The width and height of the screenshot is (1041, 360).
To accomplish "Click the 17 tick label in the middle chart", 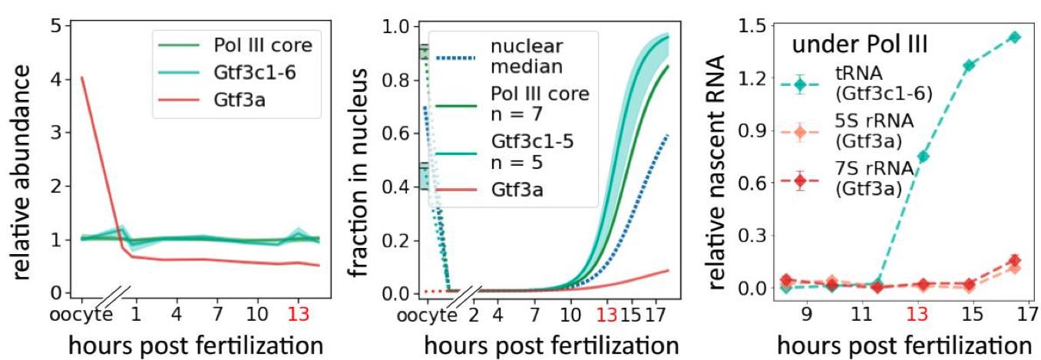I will click(653, 315).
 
